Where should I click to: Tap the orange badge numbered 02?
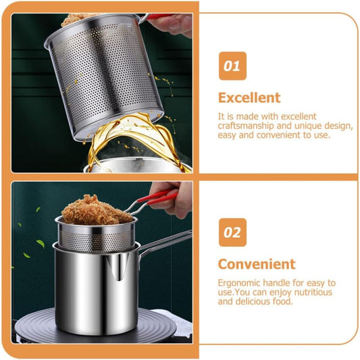[x=232, y=232]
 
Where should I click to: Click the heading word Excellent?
[x=249, y=98]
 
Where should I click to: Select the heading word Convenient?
[x=256, y=263]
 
